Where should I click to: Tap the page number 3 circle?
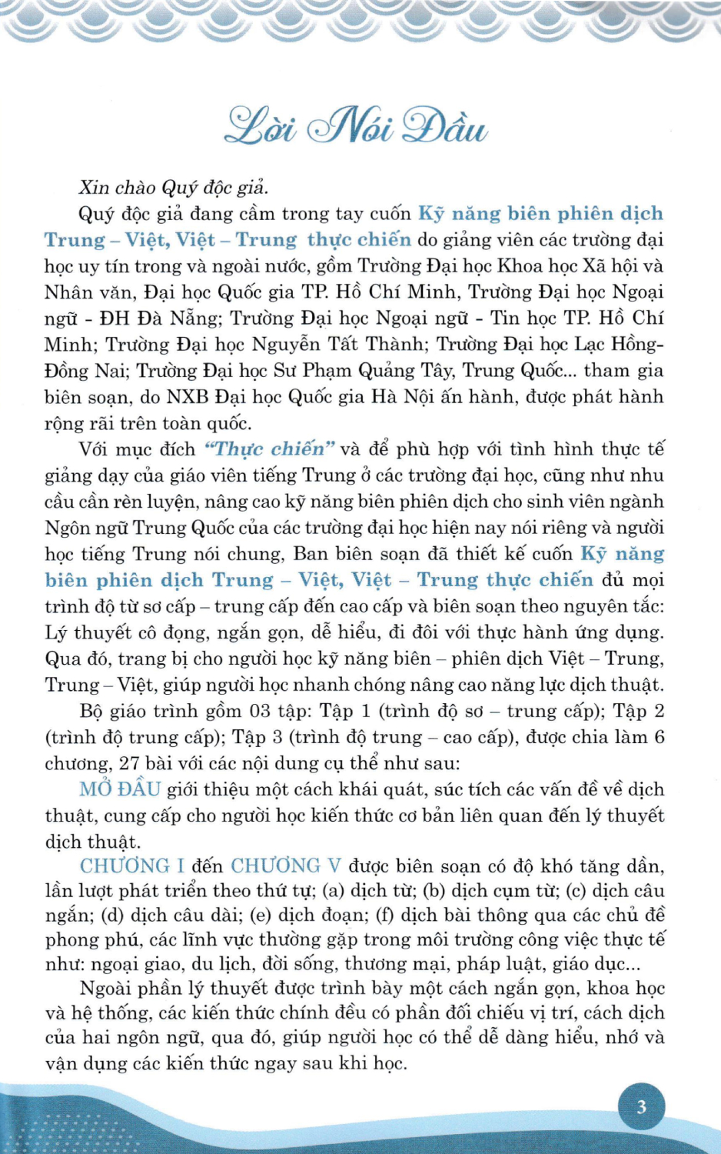(x=641, y=1107)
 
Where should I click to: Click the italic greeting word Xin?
(x=94, y=187)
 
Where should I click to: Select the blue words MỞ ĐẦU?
(x=120, y=789)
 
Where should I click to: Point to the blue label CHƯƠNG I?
(x=131, y=865)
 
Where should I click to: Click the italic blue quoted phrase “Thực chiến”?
(x=269, y=449)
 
